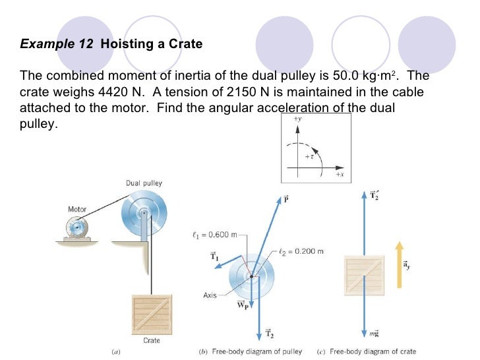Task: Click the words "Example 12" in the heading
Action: point(57,45)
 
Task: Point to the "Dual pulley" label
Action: point(144,183)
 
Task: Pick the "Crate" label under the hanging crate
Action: point(152,340)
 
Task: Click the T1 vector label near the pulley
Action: point(214,256)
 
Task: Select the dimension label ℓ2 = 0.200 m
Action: point(301,251)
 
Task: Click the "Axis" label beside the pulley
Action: point(210,295)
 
